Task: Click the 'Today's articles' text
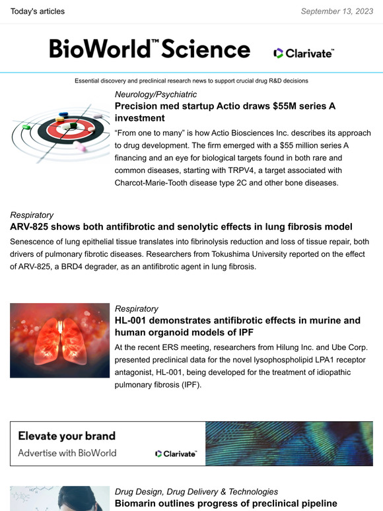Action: (x=38, y=11)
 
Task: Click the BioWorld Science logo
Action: (x=149, y=49)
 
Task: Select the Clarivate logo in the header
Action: (x=304, y=53)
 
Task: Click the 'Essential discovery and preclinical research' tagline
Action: (x=191, y=81)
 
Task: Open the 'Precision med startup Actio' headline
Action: (x=225, y=111)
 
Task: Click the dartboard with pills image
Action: (x=59, y=132)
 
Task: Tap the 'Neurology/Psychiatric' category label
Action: (x=156, y=94)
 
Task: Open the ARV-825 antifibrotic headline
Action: (x=181, y=226)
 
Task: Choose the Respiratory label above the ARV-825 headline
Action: (x=32, y=215)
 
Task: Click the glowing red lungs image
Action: (x=59, y=340)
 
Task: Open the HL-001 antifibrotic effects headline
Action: (x=237, y=326)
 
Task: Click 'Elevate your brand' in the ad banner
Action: (x=67, y=436)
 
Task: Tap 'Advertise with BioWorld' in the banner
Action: (x=67, y=453)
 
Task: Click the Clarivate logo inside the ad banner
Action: (x=176, y=454)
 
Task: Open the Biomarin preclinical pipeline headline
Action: (x=226, y=504)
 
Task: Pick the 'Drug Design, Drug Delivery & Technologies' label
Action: (x=196, y=492)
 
